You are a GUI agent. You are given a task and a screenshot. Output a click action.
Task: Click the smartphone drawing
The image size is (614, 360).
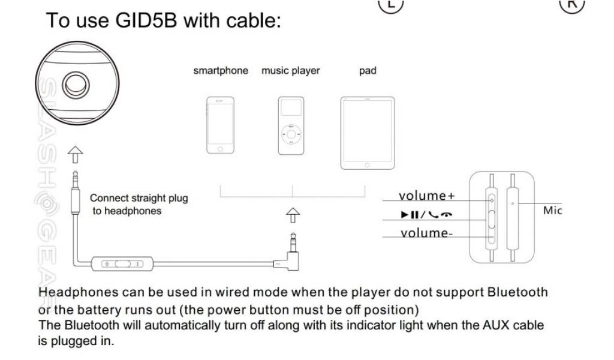(220, 125)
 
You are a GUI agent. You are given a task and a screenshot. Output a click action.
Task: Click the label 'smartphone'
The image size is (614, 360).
(221, 71)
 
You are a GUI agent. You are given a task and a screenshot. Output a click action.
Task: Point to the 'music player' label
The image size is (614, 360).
(291, 71)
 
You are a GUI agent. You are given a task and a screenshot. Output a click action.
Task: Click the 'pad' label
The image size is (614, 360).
(368, 71)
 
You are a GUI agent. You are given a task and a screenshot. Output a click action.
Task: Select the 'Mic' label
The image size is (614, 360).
(552, 211)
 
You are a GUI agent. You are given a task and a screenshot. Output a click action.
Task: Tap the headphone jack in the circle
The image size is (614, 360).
(74, 86)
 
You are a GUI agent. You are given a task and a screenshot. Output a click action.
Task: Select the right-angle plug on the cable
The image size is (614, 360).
(289, 255)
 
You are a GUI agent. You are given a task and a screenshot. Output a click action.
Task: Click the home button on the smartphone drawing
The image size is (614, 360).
(220, 148)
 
